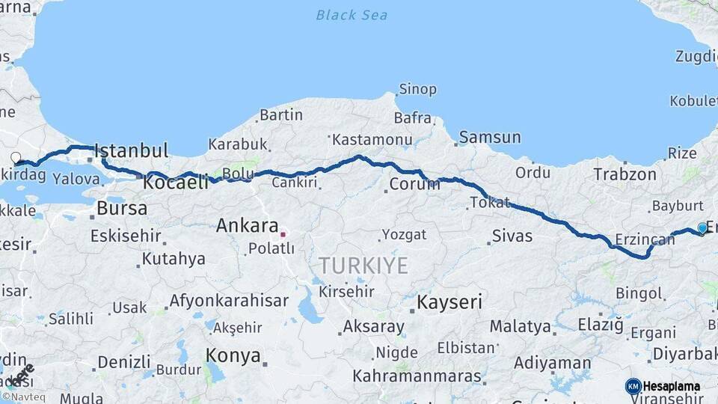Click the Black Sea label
pos(352,15)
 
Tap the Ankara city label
pos(247,225)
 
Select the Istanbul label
pos(132,150)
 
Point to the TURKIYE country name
pos(363,266)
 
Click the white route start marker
pos(16,157)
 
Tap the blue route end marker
pos(702,227)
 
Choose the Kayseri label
pos(449,302)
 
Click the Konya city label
pos(233,355)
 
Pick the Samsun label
pos(490,137)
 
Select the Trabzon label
pos(625,174)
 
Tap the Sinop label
pos(417,89)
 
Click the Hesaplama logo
pos(663,386)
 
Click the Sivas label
pos(512,236)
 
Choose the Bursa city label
pos(122,208)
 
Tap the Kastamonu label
pos(372,140)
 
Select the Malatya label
pos(521,326)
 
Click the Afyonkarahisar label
pos(229,301)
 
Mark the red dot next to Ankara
pos(283,234)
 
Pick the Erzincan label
pos(645,239)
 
